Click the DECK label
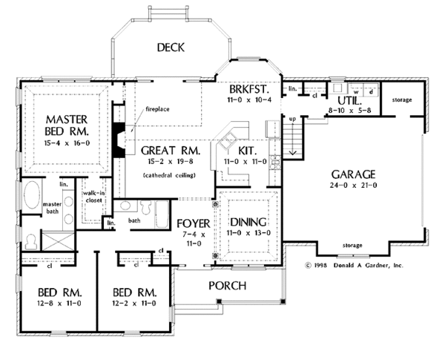coord(171,48)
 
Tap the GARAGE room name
coord(353,174)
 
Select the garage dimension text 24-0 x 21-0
coord(353,186)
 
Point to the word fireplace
coord(157,109)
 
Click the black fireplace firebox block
coord(119,140)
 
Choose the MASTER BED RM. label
coord(67,125)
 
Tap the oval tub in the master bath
coord(32,195)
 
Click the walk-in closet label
coord(94,197)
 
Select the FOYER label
coord(194,223)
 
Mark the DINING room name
coord(248,222)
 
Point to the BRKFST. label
coord(249,89)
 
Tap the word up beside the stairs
coord(292,119)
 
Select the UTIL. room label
coord(350,101)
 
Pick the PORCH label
coord(228,286)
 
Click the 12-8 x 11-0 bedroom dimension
coord(59,304)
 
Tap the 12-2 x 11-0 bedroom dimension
coord(134,304)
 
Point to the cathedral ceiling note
coord(169,175)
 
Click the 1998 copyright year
coord(320,266)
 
